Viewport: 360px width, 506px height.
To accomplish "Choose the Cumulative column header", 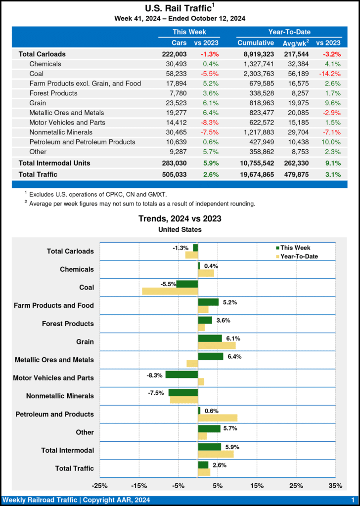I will (x=255, y=43).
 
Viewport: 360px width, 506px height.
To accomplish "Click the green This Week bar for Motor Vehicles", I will (x=181, y=375).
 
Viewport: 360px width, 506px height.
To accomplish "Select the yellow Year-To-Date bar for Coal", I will (x=170, y=291).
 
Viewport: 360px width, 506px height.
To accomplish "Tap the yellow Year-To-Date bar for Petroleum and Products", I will (x=218, y=418).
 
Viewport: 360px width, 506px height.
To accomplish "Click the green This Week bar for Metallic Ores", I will (x=211, y=356).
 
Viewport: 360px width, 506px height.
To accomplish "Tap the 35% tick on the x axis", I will (x=335, y=486).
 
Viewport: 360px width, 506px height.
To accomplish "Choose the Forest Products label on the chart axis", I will (x=68, y=324).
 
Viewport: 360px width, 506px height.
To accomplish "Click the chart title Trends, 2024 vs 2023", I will (x=180, y=219).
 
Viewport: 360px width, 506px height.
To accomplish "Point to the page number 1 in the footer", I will (x=353, y=500).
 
